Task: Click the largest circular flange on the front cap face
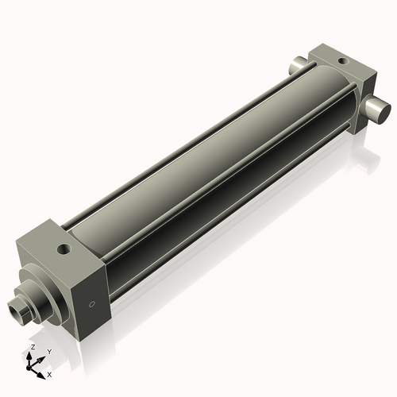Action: [x=40, y=292]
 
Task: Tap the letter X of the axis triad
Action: [x=49, y=372]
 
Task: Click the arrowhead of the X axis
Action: [x=41, y=371]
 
